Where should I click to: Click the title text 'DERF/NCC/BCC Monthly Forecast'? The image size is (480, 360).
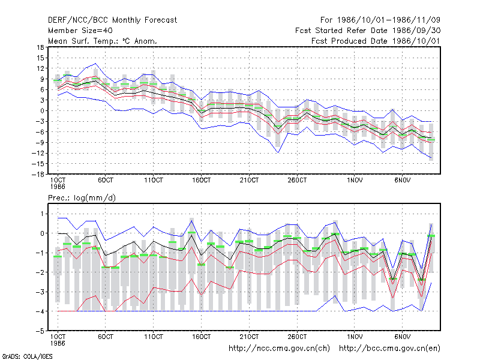tap(112, 20)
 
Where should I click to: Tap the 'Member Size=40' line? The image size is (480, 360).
tap(80, 31)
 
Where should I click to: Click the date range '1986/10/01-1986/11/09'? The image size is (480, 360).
tap(389, 20)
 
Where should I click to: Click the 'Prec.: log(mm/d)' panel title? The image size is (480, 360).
tap(82, 198)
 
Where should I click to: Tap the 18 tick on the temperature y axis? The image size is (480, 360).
tap(40, 47)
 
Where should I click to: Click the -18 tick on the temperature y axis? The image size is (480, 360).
tap(38, 174)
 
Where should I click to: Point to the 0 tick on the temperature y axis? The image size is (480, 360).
tap(42, 111)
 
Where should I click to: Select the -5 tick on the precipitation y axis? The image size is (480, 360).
tap(40, 331)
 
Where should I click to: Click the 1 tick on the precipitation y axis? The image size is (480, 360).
tap(42, 214)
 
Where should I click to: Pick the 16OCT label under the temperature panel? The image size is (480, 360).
tap(202, 181)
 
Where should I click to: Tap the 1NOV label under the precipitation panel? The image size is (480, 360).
tap(355, 337)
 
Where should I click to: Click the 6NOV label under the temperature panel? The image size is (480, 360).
tap(402, 181)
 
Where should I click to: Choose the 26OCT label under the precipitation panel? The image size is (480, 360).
tap(297, 337)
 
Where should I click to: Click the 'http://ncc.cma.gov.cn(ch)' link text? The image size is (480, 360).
tap(279, 349)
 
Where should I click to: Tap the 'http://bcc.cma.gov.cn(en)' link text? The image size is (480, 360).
tap(389, 349)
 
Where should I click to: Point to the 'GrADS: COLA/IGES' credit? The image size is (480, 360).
tap(27, 356)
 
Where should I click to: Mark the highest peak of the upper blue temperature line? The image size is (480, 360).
tap(96, 64)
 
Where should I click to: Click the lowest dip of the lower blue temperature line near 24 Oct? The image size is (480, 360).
tap(278, 153)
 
